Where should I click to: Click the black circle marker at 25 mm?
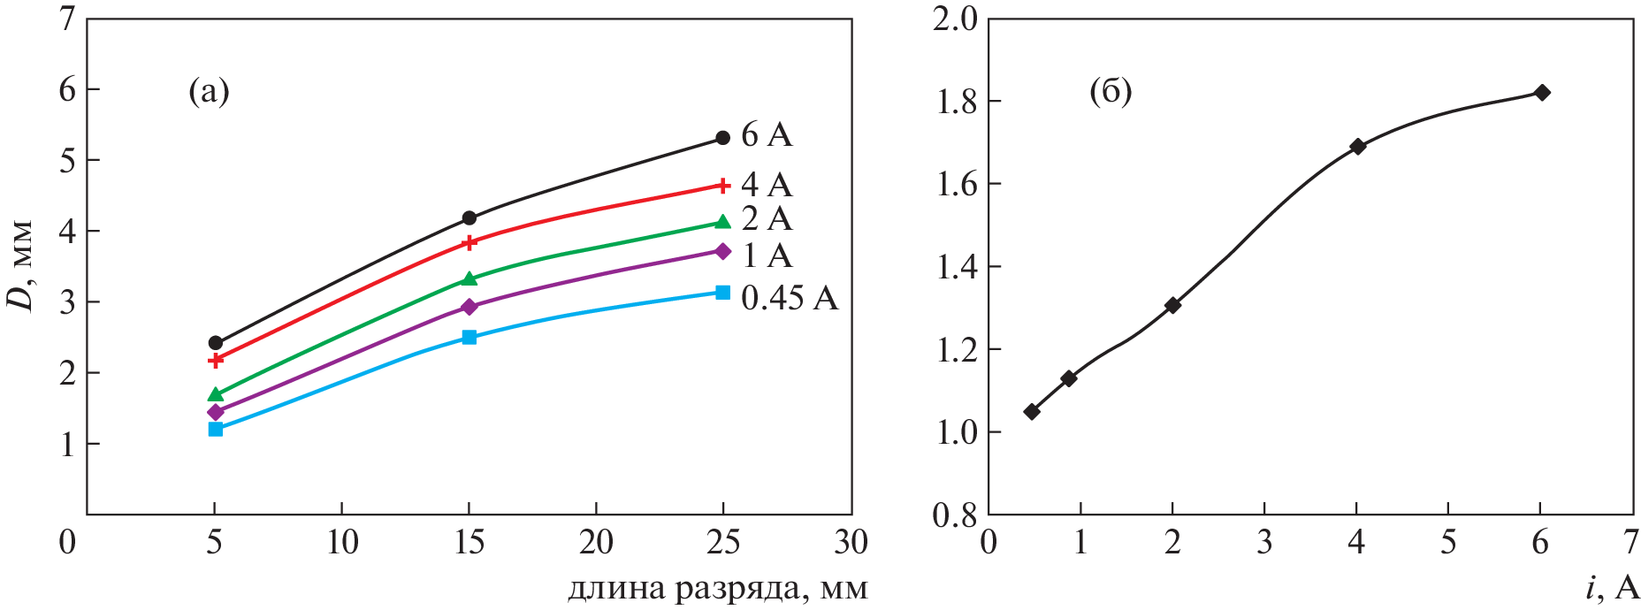722,138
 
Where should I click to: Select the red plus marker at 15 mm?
469,242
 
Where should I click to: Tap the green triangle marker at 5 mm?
216,394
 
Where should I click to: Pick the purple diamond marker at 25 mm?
722,252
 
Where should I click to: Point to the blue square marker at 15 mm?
469,337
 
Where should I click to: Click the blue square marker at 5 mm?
216,429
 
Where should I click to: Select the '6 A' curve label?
767,135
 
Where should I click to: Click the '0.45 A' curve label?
789,299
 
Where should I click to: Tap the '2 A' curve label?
767,218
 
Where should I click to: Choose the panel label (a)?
209,91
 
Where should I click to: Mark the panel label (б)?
1111,91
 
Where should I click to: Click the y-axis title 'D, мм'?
21,265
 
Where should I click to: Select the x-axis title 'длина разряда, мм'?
717,589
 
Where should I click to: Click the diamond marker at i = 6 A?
1542,93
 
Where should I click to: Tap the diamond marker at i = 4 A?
1357,146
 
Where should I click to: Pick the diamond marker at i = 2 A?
1173,305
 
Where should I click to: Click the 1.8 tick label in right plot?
956,102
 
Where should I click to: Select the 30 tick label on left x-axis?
851,542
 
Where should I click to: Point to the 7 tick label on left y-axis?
67,19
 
